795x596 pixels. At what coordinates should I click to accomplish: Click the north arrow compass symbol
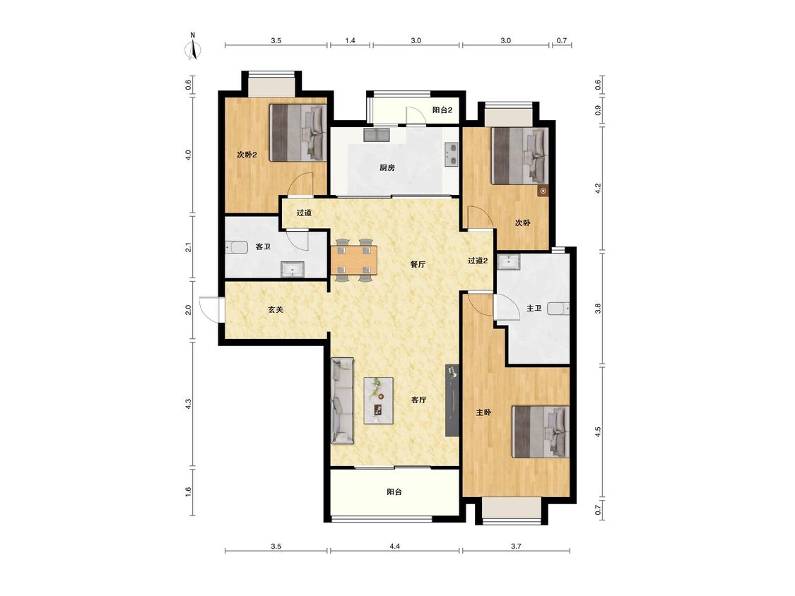193,47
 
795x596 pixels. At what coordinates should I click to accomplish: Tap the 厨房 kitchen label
387,168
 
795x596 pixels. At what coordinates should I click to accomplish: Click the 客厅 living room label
418,400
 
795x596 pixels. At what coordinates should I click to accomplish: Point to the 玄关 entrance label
276,310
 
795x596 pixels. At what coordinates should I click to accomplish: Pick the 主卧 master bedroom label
483,413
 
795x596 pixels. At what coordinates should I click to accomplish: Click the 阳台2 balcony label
442,110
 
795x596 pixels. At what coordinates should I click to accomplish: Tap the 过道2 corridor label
477,261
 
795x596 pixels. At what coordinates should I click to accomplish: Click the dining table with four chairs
354,260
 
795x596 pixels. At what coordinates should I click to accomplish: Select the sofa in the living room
342,400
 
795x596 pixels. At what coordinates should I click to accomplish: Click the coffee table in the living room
379,400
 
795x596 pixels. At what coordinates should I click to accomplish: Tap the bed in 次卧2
298,133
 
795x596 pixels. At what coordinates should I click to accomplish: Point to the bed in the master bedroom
541,431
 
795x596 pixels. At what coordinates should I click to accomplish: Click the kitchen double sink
451,155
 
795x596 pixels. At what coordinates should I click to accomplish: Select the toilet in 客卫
235,248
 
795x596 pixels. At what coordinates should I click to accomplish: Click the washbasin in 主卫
509,261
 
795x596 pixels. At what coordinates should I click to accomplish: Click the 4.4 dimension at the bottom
395,547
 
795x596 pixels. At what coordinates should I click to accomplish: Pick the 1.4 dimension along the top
350,40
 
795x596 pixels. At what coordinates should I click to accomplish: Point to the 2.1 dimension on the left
188,248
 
